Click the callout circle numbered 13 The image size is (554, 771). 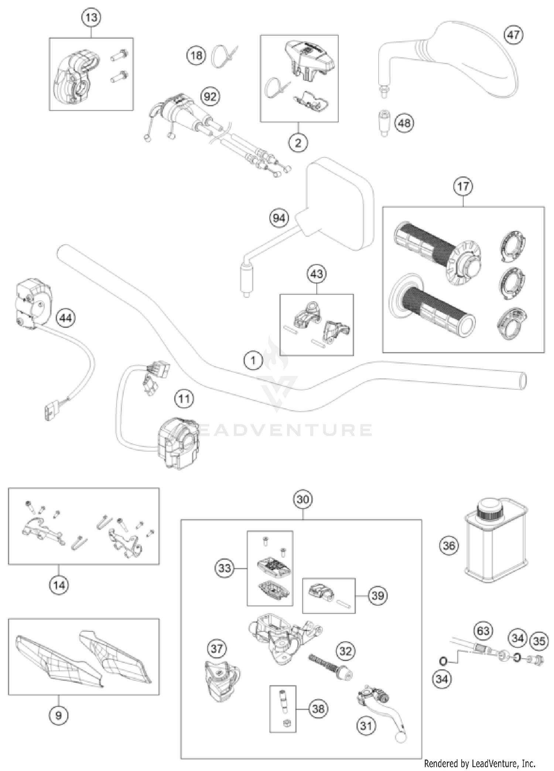coord(91,17)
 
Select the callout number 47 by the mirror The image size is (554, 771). coord(513,35)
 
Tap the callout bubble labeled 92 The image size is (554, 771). coord(210,97)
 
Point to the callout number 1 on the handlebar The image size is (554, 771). coord(253,360)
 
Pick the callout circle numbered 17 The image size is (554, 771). coord(463,186)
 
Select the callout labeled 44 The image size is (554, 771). coord(66,318)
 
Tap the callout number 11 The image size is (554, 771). coord(184,399)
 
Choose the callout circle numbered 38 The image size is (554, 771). coord(318,709)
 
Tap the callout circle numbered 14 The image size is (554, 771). coord(59,585)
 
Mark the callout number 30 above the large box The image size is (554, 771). coord(302,499)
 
